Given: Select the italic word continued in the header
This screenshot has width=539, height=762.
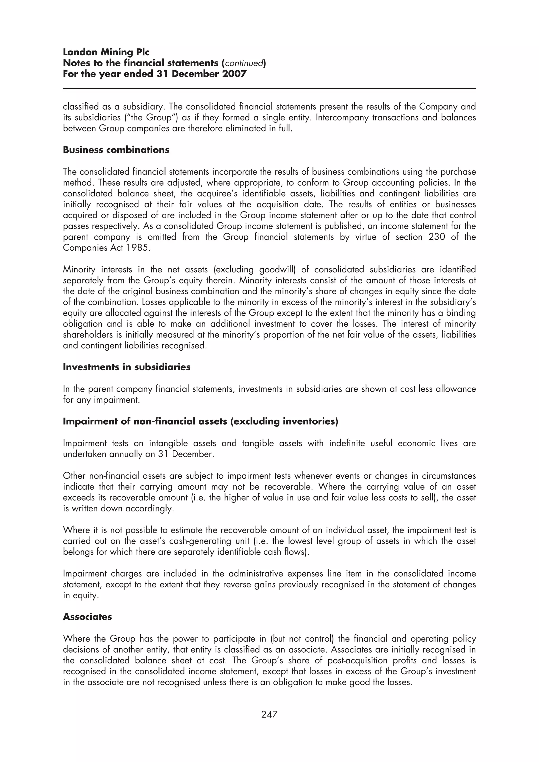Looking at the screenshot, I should [244, 63].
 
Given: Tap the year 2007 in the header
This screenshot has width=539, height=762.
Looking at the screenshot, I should [234, 74].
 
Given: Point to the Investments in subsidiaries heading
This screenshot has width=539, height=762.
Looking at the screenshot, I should [127, 367].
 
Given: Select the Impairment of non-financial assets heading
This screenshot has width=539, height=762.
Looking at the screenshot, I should [200, 421].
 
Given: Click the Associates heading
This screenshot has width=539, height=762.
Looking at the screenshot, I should [87, 617].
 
